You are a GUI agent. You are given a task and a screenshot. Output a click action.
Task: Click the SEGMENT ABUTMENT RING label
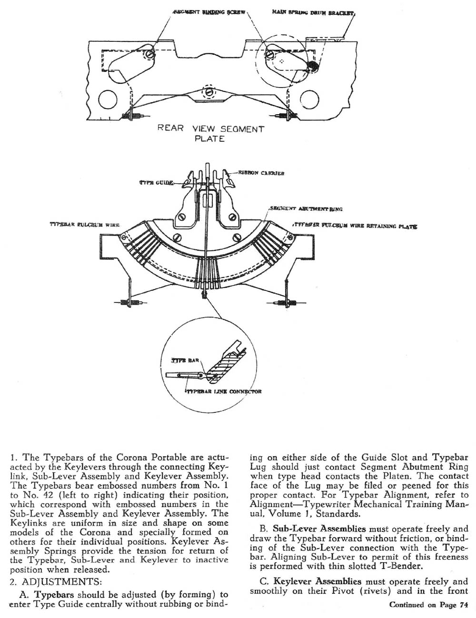(306, 209)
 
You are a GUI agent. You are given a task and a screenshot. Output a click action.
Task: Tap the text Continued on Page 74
(429, 605)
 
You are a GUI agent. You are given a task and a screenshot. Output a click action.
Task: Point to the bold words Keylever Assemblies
(317, 581)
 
